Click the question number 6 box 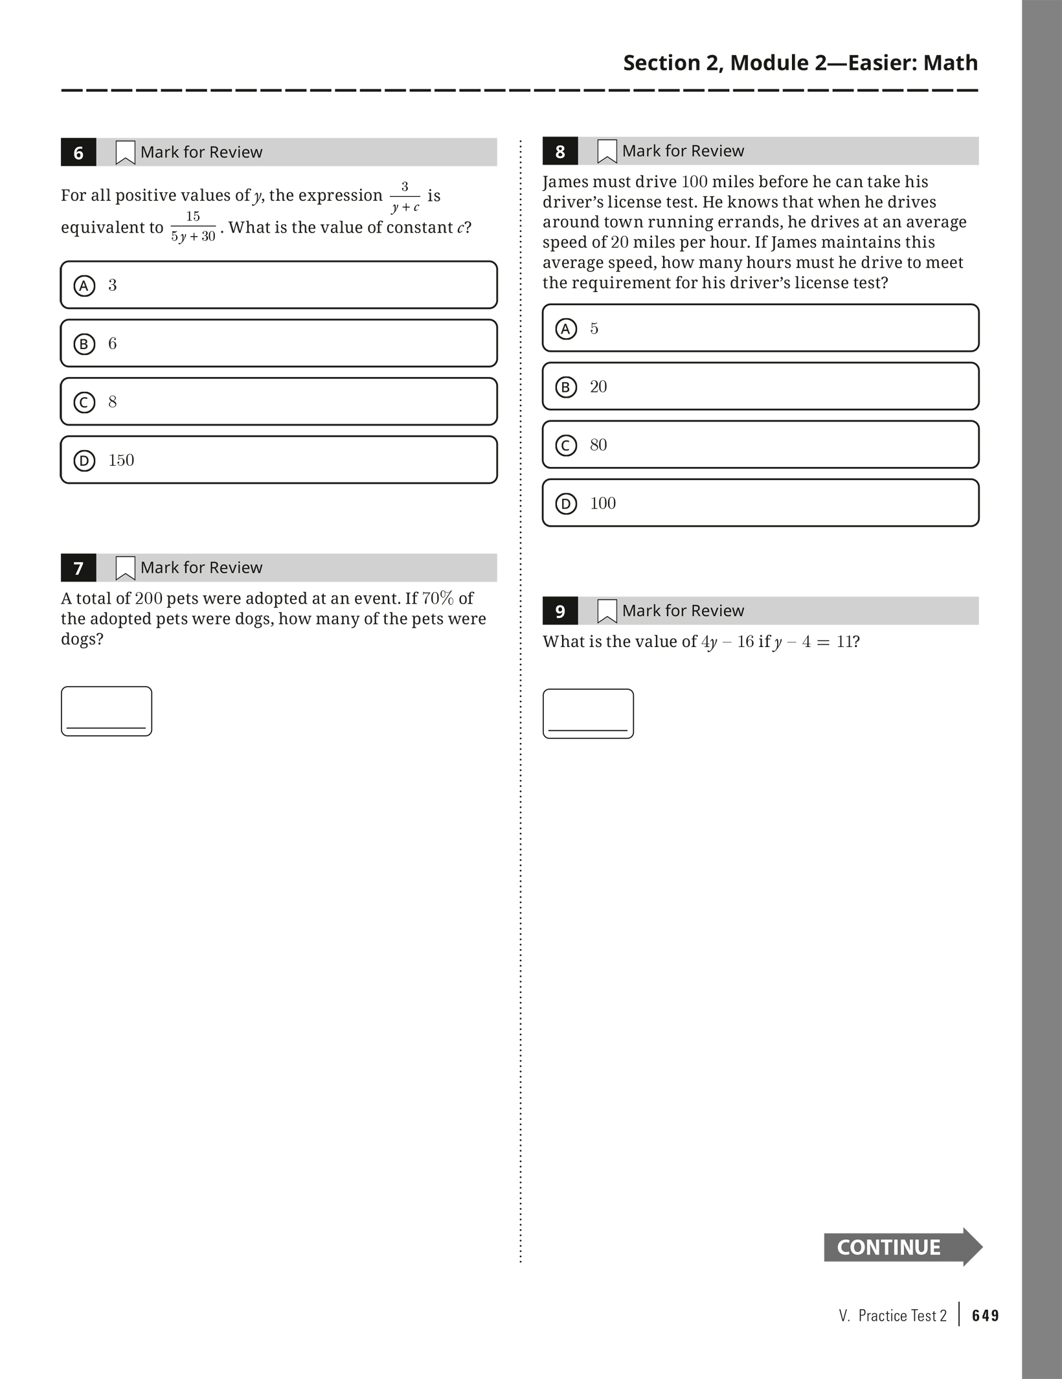78,152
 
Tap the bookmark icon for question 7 125,568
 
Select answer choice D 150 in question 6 278,460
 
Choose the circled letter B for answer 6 84,344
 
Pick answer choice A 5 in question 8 760,328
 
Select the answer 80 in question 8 760,445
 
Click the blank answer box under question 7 107,711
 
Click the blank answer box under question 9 588,714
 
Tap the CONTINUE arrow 902,1247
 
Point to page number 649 986,1316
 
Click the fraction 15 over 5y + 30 193,227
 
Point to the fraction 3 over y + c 405,197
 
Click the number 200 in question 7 148,598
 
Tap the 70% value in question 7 438,598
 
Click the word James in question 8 565,182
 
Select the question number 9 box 560,611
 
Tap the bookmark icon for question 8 607,152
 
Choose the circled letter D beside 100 566,503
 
